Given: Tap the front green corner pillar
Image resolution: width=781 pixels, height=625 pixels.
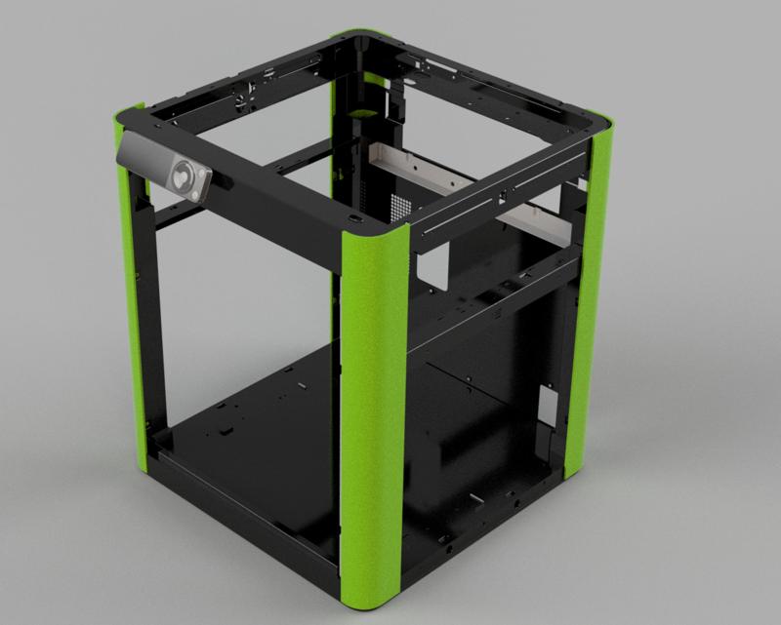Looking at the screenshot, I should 372,410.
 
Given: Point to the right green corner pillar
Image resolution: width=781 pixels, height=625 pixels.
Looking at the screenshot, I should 589,293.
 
